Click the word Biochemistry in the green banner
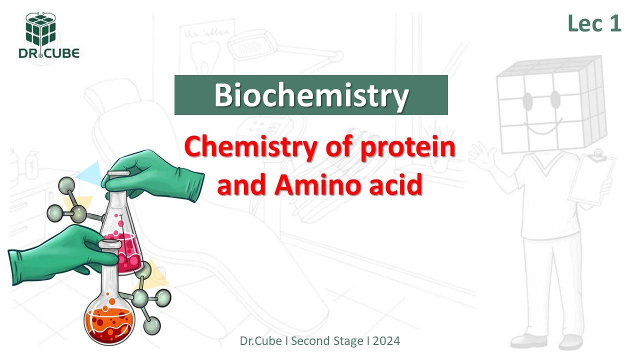pyautogui.click(x=311, y=95)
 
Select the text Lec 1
pyautogui.click(x=594, y=23)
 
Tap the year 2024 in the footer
pyautogui.click(x=386, y=341)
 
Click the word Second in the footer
pyautogui.click(x=310, y=341)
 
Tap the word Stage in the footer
pyautogui.click(x=349, y=341)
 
